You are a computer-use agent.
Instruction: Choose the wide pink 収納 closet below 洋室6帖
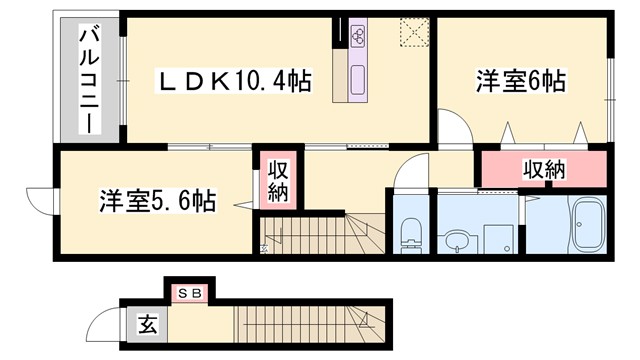tap(544, 169)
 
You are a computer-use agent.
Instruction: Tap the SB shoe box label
tap(189, 293)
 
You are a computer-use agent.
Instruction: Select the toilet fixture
tap(410, 235)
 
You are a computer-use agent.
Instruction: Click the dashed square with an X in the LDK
tap(412, 32)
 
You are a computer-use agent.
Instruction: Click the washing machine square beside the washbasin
tap(497, 239)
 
